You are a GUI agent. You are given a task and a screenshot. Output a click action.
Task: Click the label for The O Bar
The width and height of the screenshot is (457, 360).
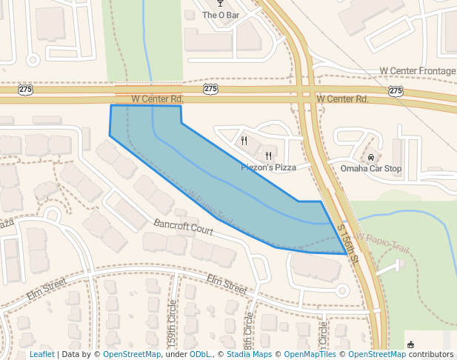tap(220, 15)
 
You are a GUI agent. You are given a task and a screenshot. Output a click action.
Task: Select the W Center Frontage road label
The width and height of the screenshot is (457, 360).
tap(417, 71)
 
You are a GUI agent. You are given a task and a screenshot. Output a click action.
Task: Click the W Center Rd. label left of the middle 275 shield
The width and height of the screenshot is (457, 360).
tap(157, 99)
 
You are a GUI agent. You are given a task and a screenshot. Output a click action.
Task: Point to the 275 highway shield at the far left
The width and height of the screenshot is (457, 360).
tap(26, 90)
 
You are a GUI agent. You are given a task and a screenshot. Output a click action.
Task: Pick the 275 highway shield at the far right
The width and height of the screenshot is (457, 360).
tap(396, 90)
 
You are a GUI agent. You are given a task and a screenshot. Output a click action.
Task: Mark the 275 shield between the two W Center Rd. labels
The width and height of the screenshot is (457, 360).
tap(211, 90)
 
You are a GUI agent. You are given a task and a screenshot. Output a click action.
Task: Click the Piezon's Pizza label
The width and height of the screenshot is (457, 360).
tap(268, 167)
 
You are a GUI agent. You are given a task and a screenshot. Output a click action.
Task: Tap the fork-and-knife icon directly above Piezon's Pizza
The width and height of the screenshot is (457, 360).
tap(268, 156)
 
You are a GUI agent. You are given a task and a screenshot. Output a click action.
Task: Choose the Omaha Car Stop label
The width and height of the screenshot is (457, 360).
tap(370, 168)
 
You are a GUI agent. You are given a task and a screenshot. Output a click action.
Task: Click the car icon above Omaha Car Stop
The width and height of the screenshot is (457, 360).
tap(370, 157)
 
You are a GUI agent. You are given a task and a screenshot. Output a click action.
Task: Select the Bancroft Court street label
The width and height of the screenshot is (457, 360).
tap(184, 227)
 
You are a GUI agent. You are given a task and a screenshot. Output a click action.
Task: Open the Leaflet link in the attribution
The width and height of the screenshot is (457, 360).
tap(41, 355)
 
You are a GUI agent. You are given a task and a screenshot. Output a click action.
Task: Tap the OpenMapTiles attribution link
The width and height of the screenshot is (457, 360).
tap(311, 355)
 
